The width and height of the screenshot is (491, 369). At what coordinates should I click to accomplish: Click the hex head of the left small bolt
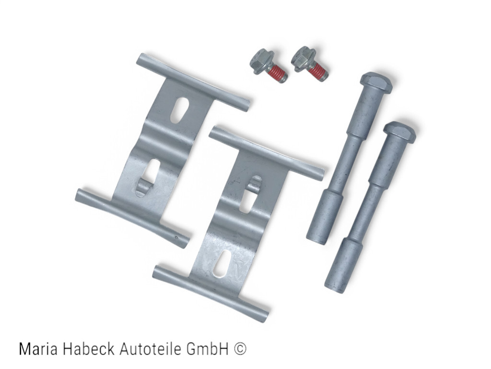pyautogui.click(x=261, y=60)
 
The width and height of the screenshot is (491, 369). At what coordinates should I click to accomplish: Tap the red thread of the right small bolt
pyautogui.click(x=318, y=72)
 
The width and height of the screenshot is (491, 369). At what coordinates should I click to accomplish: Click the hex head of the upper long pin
pyautogui.click(x=376, y=82)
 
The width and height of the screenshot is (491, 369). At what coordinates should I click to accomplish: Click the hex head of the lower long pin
pyautogui.click(x=399, y=132)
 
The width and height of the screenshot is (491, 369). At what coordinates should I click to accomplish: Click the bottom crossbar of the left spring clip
pyautogui.click(x=131, y=218)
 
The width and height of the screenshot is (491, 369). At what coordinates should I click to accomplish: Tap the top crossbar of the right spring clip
pyautogui.click(x=266, y=153)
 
